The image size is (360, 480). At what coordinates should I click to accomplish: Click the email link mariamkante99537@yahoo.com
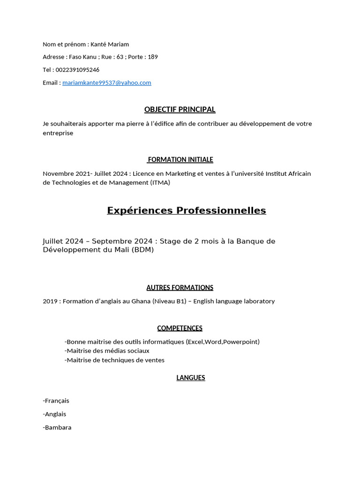point(106,82)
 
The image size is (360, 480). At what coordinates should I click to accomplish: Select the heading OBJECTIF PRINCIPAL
point(180,110)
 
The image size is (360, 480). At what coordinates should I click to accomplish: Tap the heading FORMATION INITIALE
point(180,160)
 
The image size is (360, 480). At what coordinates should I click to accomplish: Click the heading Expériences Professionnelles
point(186,210)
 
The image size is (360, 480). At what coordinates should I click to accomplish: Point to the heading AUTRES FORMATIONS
point(180,288)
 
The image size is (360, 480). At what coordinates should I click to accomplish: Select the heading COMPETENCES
point(180,328)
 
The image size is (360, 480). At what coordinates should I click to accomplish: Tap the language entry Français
point(57,401)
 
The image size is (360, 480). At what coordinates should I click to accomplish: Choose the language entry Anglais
point(55,414)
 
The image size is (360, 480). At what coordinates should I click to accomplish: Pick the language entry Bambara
point(58,427)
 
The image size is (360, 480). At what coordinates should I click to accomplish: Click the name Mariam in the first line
point(119,45)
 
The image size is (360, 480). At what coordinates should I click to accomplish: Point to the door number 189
point(153,57)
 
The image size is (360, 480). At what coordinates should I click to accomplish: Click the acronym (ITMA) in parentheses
point(160,183)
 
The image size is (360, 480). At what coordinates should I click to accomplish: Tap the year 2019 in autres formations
point(50,301)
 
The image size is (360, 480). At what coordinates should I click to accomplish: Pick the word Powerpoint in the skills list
point(240,342)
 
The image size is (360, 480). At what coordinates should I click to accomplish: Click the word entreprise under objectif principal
point(58,133)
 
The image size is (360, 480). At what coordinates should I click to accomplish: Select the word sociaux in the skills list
point(138,351)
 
